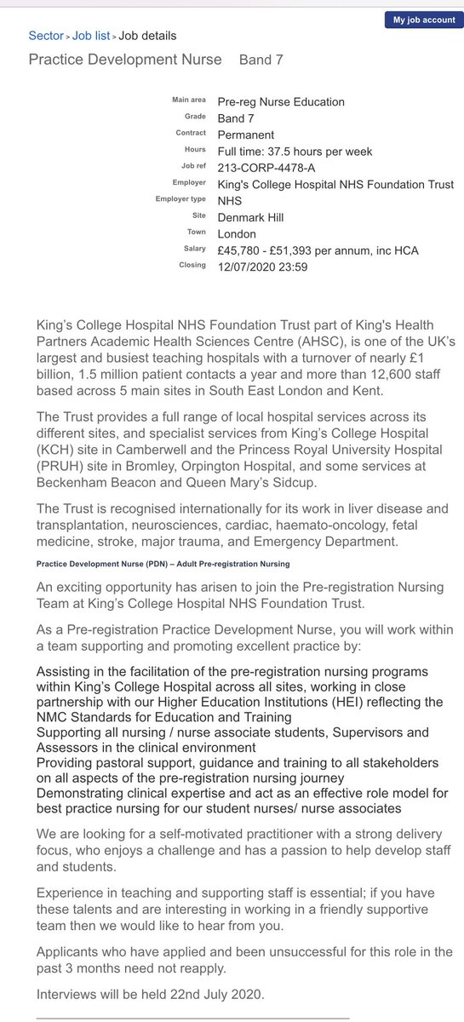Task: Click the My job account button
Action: (x=423, y=20)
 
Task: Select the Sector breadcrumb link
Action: (x=46, y=36)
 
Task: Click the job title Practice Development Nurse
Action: (x=125, y=60)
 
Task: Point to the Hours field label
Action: (x=195, y=151)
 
